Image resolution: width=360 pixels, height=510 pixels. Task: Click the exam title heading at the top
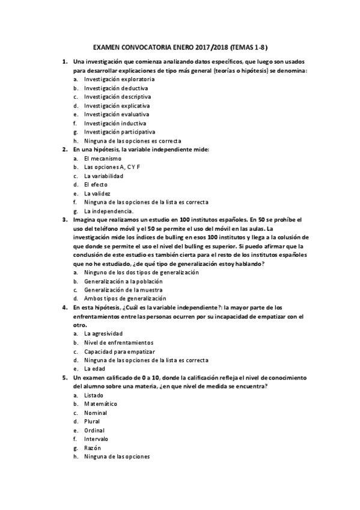181,46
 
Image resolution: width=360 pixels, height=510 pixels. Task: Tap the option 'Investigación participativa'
120,132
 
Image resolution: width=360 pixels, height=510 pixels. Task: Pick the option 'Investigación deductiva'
114,88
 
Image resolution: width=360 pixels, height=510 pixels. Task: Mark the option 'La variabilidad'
103,176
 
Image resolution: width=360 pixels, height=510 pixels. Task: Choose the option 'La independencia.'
108,211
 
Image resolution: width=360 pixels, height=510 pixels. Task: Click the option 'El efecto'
96,185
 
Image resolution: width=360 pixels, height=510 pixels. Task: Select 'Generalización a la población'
124,281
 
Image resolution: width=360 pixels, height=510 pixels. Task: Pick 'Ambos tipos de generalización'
124,298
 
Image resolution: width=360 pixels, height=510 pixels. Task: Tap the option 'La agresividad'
103,333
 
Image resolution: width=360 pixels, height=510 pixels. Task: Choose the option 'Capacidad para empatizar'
119,351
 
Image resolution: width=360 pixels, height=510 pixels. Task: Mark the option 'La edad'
95,368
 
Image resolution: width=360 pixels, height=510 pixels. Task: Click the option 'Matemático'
100,404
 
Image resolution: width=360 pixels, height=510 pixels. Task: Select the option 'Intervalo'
96,439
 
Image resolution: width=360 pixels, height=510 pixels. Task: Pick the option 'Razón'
93,448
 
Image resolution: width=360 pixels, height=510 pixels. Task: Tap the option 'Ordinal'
94,430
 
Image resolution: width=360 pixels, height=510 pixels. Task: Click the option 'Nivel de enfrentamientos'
119,342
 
